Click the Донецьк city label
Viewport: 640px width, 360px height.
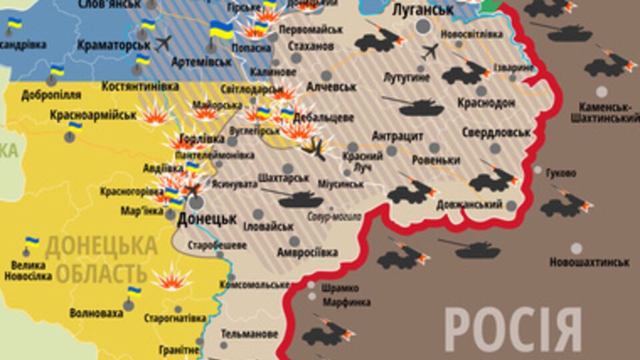pos(207,219)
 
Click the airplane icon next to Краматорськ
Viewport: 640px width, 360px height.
pos(162,43)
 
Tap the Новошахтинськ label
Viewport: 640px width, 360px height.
pos(589,262)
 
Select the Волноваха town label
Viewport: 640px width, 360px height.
pos(96,312)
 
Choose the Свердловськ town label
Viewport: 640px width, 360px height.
pos(495,133)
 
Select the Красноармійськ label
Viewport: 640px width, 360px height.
pos(93,115)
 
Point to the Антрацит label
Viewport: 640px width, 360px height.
pos(397,136)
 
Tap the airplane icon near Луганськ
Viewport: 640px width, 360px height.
pos(430,51)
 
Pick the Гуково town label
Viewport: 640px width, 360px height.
pos(560,173)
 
